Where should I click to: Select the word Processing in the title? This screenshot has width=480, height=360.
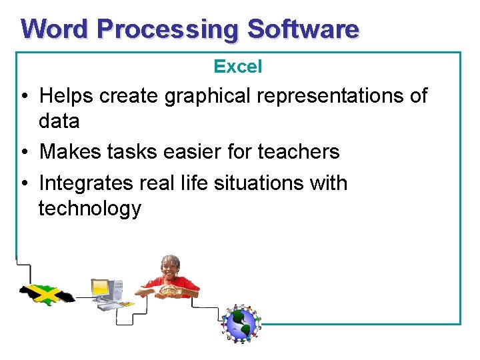(167, 30)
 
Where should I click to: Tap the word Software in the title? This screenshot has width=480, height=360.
(303, 29)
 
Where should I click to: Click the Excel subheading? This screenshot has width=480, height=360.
(238, 67)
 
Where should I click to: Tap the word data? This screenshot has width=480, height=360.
(59, 121)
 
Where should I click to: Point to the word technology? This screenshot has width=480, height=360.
(90, 209)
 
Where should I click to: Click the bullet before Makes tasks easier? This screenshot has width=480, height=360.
(23, 152)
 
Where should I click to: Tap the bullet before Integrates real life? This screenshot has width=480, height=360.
(23, 183)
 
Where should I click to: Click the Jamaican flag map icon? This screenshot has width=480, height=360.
(47, 293)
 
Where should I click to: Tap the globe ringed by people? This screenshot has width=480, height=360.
(241, 323)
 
